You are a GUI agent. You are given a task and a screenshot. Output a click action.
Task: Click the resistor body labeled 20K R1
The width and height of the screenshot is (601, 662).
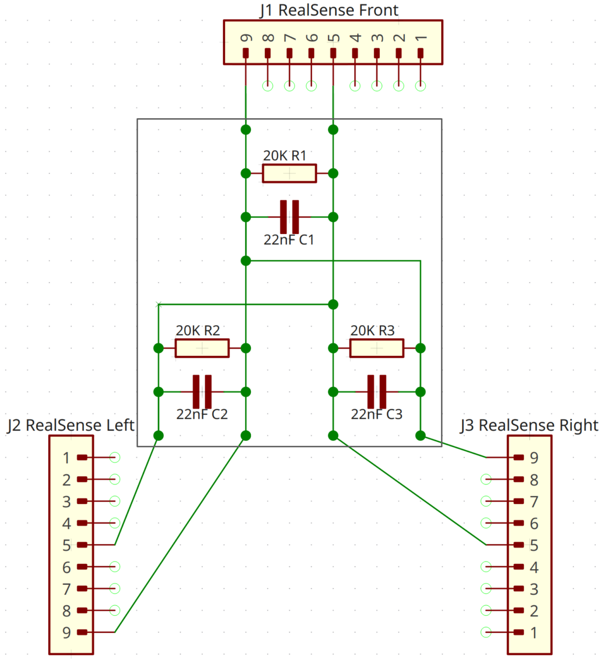(x=289, y=173)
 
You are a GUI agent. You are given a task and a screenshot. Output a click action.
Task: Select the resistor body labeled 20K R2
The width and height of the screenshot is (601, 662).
(x=202, y=348)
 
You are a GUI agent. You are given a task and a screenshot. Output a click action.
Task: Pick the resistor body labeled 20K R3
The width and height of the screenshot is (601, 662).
(x=376, y=348)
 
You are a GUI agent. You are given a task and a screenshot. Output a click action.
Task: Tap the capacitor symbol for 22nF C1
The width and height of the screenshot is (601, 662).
(x=289, y=217)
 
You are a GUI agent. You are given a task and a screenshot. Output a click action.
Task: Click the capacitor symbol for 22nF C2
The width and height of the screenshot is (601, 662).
(x=202, y=392)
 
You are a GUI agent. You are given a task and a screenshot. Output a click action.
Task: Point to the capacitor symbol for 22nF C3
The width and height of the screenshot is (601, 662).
(x=376, y=392)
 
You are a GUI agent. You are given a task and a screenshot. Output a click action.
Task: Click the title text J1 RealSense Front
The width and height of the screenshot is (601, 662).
(x=329, y=10)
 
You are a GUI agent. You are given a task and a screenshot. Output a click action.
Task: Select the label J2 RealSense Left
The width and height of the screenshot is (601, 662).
(x=71, y=425)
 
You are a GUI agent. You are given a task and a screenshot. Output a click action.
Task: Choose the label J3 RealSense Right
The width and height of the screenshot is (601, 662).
(x=529, y=425)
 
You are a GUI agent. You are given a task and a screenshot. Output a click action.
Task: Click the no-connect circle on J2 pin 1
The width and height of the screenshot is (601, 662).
(x=115, y=458)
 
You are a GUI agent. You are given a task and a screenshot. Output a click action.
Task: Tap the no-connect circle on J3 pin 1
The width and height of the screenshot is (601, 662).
(x=486, y=632)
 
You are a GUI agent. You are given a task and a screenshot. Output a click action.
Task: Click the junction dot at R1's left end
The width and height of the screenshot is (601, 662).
(x=246, y=173)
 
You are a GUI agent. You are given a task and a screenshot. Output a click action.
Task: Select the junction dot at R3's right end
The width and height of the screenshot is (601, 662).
(x=420, y=348)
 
